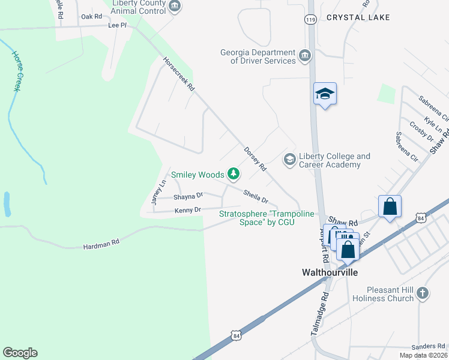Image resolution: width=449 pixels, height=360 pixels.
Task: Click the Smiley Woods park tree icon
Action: click(234, 175)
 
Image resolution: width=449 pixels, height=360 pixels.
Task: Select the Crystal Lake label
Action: click(358, 17)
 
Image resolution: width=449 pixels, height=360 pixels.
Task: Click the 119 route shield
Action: click(310, 20)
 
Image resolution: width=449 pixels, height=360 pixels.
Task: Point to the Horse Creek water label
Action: click(16, 71)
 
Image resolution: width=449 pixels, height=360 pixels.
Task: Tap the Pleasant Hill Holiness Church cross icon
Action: click(423, 293)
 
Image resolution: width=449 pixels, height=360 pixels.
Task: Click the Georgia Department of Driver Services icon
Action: click(305, 56)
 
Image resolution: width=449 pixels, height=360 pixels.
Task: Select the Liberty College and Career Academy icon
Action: click(289, 159)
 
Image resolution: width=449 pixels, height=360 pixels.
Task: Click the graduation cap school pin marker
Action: click(325, 94)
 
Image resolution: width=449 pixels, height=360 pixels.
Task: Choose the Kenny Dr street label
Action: click(187, 210)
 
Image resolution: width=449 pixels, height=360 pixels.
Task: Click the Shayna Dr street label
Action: click(188, 196)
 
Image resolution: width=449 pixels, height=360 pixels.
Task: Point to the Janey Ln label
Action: click(158, 193)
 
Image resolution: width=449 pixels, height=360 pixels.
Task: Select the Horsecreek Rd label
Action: click(179, 74)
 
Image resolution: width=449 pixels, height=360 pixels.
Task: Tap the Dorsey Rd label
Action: click(255, 160)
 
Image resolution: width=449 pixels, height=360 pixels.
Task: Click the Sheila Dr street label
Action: click(255, 196)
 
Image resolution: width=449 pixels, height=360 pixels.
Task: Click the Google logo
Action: click(20, 352)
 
